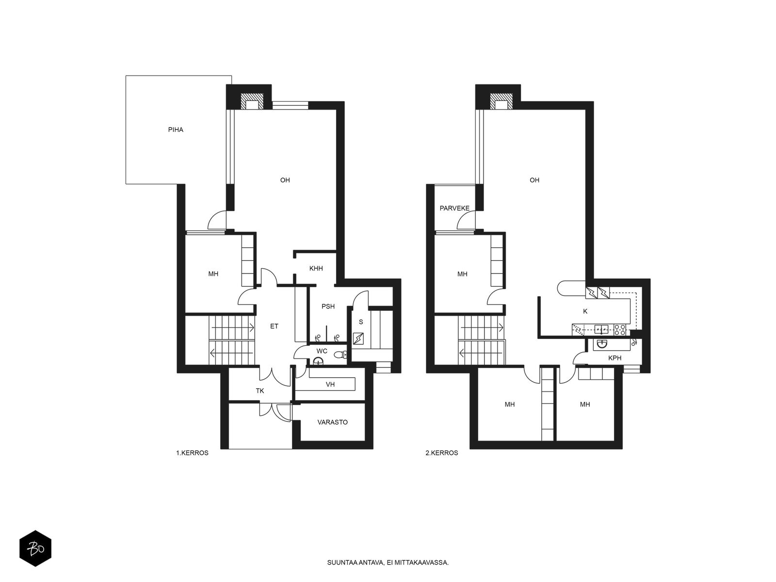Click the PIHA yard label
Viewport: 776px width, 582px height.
pos(176,129)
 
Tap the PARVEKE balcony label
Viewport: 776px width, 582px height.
pos(454,208)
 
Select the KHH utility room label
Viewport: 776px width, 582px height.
pos(316,268)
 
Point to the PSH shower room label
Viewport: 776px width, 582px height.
pos(328,307)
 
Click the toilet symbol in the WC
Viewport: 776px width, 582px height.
pos(341,355)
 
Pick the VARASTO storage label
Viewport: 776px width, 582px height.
pos(332,422)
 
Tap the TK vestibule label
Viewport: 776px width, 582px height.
pos(260,391)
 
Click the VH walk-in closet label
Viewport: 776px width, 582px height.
pos(330,385)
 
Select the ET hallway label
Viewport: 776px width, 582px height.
pos(274,326)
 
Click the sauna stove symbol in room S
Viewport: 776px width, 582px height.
pos(358,339)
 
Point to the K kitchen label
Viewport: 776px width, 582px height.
pos(585,311)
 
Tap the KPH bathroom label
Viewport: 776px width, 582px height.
pos(615,358)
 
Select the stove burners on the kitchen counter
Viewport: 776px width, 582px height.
pos(620,330)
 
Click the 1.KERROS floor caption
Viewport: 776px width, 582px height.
pos(193,453)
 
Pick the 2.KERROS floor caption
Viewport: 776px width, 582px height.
pos(441,453)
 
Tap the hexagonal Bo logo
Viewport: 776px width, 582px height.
pos(35,549)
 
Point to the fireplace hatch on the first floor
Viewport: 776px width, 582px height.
pos(252,101)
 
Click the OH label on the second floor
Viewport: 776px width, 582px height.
pos(534,180)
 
